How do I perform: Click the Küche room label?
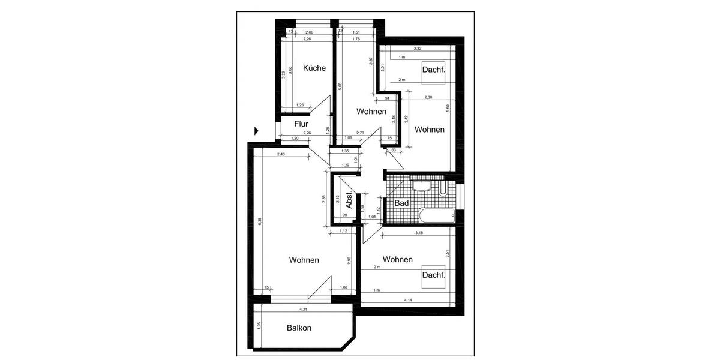314,68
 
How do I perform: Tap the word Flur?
301,124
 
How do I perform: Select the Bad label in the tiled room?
401,203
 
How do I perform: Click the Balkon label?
299,328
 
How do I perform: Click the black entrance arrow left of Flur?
257,130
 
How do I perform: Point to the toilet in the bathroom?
443,188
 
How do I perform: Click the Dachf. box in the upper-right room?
433,70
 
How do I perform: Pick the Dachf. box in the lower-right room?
433,275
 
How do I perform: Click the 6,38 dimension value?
259,221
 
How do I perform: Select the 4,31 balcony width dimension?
304,310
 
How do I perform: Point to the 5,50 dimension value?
448,108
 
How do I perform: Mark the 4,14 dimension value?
408,299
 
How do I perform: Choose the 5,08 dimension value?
340,86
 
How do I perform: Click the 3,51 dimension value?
447,254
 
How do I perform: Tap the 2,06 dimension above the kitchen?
309,32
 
